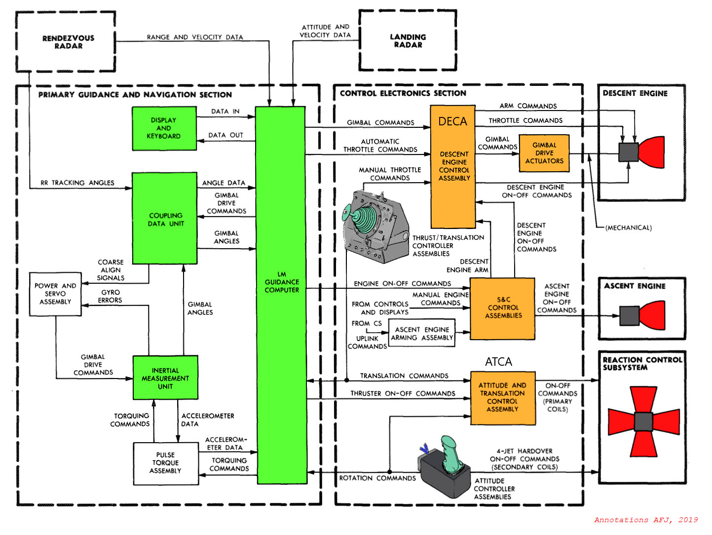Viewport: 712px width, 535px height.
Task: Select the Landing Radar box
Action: coord(408,41)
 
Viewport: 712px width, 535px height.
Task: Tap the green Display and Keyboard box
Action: coord(164,128)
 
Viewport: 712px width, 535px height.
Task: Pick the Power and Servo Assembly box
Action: coord(55,294)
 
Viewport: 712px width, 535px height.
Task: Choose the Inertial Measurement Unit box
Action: coord(165,378)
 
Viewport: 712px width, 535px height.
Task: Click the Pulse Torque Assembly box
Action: coord(165,463)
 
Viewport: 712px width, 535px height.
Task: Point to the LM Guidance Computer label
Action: coord(282,282)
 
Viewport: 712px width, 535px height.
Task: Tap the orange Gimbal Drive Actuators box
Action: coord(544,153)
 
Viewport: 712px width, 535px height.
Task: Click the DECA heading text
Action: coord(452,121)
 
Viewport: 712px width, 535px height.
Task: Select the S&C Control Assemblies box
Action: coord(502,308)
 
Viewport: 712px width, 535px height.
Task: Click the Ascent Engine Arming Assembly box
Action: coord(422,334)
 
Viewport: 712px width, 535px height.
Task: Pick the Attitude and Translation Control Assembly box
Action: coord(502,397)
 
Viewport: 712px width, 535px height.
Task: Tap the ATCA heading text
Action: coord(498,362)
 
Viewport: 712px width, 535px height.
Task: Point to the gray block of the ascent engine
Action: coord(629,316)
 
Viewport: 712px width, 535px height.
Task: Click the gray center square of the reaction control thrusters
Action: coord(643,421)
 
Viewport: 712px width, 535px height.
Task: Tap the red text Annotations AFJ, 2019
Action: coord(646,520)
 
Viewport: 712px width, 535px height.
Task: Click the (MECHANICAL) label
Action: coord(629,228)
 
